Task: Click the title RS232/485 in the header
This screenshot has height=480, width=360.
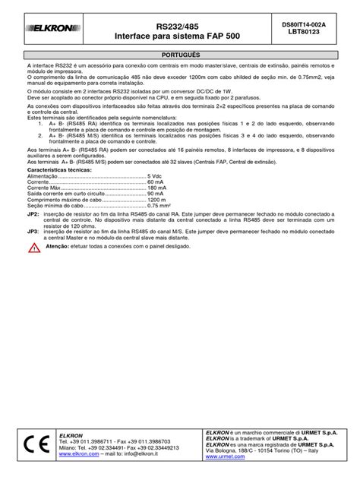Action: [175, 24]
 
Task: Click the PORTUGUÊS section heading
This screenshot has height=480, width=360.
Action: [180, 56]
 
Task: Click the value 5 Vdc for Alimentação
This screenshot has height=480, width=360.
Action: [155, 175]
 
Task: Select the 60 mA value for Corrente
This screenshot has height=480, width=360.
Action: [156, 182]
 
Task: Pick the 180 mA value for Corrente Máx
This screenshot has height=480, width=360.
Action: [157, 188]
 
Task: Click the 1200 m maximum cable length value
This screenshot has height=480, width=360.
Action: [157, 201]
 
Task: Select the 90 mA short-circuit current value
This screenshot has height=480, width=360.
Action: [156, 194]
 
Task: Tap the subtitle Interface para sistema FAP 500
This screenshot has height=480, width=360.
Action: [175, 35]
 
